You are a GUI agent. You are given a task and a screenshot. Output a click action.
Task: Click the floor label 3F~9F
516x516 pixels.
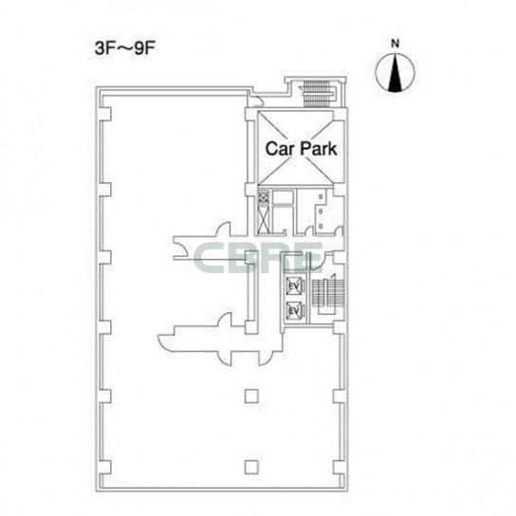coord(124,48)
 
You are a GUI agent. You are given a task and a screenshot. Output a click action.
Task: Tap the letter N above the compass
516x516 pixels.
coord(396,44)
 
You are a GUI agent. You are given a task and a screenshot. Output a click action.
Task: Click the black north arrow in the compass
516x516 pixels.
coord(395,73)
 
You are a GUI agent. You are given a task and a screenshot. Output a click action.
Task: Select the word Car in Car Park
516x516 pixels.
coord(280,149)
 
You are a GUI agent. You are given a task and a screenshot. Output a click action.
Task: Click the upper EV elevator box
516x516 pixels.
coord(294,286)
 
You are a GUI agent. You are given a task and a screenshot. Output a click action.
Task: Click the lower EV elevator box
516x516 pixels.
coord(294,311)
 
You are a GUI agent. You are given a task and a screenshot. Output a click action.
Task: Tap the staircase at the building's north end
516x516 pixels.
coord(317,94)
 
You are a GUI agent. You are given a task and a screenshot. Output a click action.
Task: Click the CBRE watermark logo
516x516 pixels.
coord(258,258)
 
